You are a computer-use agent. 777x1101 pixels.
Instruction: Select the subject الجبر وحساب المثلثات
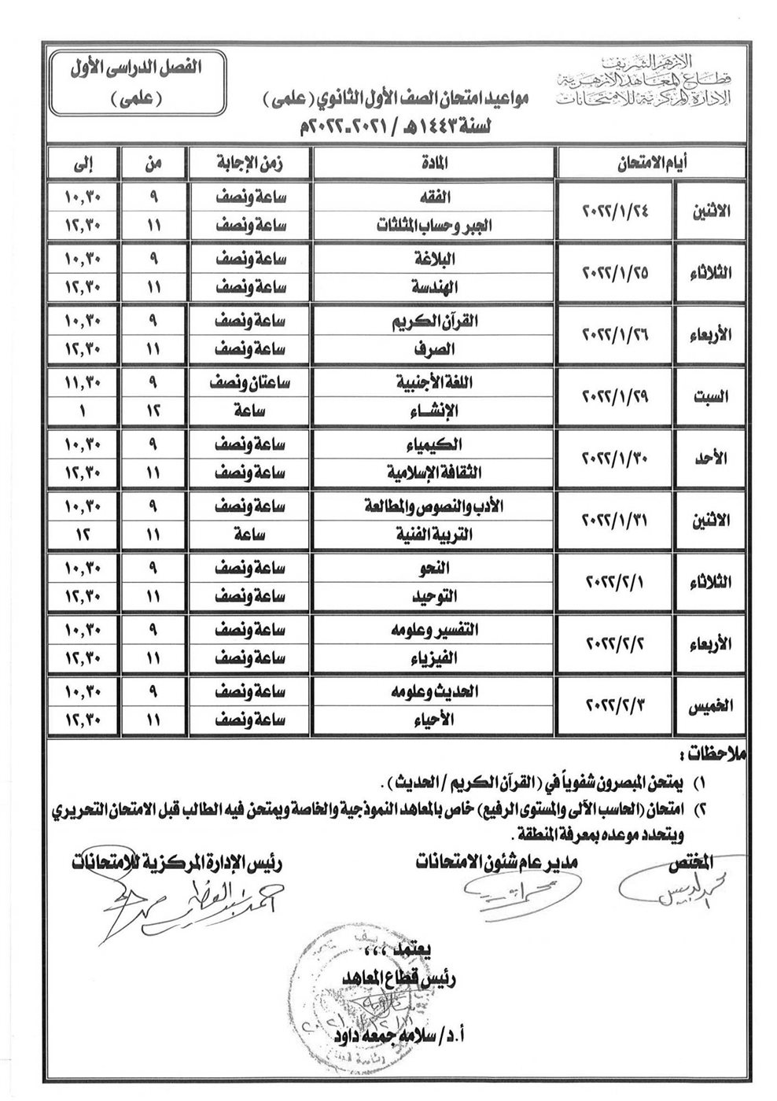(x=435, y=226)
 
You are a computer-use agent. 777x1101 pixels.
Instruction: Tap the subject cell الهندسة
(x=435, y=289)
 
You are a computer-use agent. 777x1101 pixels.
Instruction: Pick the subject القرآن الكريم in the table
(x=435, y=321)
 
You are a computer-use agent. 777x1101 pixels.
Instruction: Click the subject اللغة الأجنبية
(x=435, y=384)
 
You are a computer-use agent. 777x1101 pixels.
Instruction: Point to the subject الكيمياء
(x=435, y=444)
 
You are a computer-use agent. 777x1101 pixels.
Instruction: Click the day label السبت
(x=711, y=398)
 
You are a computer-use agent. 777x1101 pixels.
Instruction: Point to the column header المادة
(x=435, y=164)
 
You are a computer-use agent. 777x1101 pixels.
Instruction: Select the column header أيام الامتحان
(x=650, y=164)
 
